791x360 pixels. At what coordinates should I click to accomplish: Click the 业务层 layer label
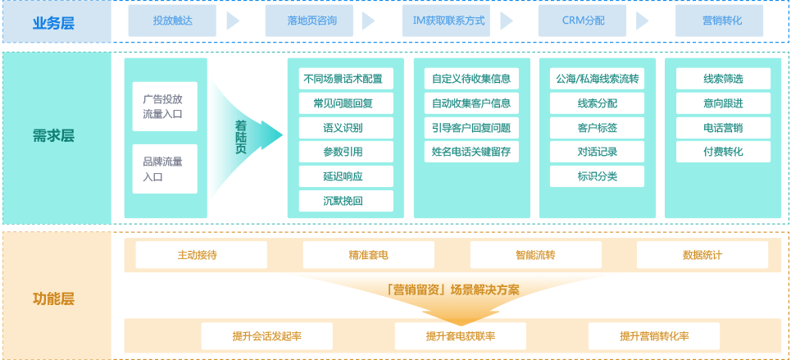click(54, 22)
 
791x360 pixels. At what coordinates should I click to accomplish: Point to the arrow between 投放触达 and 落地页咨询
click(233, 21)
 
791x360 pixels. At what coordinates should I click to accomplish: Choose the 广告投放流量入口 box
click(164, 106)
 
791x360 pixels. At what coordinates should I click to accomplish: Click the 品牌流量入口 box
click(164, 169)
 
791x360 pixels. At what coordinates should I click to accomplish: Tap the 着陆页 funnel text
click(240, 137)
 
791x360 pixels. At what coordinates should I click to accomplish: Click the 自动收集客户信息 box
click(471, 103)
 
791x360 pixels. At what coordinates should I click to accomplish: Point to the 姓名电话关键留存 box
click(471, 152)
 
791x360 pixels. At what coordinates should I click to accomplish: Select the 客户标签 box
click(597, 128)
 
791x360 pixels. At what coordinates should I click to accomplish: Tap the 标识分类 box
click(597, 176)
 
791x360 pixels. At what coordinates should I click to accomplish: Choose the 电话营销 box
click(723, 128)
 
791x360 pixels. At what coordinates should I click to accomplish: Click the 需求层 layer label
click(54, 136)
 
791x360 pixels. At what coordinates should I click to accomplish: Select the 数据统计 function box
click(702, 255)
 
